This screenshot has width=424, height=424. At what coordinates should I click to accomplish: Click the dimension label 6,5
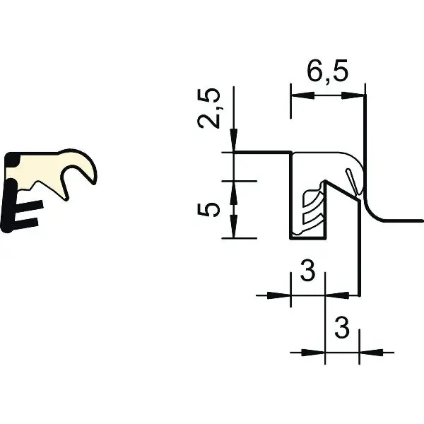[327, 71]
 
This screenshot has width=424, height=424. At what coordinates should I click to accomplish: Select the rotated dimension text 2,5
[208, 108]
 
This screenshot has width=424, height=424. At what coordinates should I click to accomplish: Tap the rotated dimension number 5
[207, 210]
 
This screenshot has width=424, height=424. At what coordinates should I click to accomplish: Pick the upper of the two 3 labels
[308, 271]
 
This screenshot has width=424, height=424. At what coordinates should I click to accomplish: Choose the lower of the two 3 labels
[342, 328]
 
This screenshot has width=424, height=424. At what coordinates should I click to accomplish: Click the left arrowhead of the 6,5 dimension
[302, 95]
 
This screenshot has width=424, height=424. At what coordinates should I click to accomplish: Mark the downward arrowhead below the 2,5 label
[234, 141]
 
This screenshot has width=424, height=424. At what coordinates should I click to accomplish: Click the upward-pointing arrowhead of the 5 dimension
[234, 192]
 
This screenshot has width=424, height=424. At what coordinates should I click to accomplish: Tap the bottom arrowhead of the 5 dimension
[234, 227]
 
